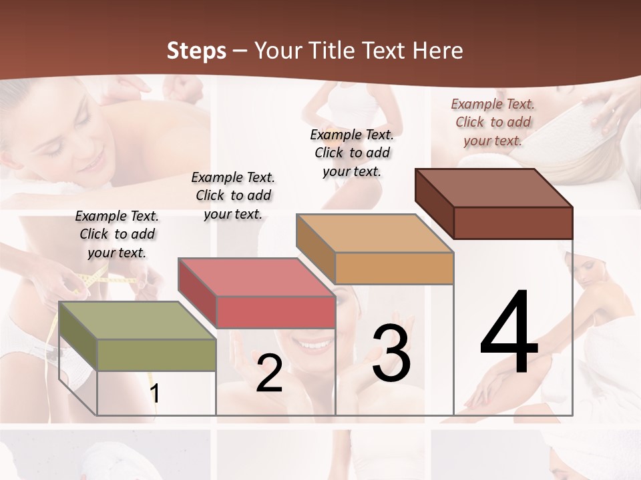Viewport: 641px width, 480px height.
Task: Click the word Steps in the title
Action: click(x=196, y=51)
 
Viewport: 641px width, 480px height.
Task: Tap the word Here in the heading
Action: click(x=437, y=51)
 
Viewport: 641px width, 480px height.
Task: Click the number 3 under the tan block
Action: click(x=392, y=353)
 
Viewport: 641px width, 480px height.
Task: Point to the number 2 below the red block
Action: click(x=269, y=373)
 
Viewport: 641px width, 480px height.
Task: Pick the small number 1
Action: click(x=155, y=394)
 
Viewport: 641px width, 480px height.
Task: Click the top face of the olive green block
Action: click(x=138, y=321)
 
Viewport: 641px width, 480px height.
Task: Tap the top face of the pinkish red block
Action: click(x=256, y=277)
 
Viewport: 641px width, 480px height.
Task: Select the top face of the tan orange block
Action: click(x=375, y=233)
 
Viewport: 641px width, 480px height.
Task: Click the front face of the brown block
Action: click(x=513, y=223)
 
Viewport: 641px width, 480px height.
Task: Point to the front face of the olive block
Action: click(x=156, y=355)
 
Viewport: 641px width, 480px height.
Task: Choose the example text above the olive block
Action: click(x=117, y=234)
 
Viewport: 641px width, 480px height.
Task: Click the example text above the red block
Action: click(x=233, y=195)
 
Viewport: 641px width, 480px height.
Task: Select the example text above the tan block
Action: click(x=352, y=153)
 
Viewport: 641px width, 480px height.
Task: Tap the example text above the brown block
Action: click(x=493, y=122)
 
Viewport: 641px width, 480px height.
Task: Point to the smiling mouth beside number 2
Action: click(x=312, y=344)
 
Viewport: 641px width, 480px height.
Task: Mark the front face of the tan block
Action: click(x=394, y=268)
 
